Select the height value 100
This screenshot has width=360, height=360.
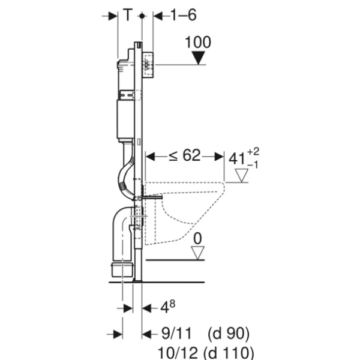click(x=198, y=43)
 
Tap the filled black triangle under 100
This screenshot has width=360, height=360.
click(x=198, y=58)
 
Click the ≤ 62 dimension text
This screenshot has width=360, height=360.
click(x=184, y=156)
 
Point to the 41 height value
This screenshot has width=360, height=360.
click(x=238, y=158)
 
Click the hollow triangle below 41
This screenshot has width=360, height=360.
click(x=241, y=175)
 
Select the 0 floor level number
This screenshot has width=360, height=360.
click(x=197, y=238)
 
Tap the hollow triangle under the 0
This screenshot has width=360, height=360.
click(x=197, y=252)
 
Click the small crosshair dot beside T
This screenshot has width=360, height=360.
click(x=142, y=16)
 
